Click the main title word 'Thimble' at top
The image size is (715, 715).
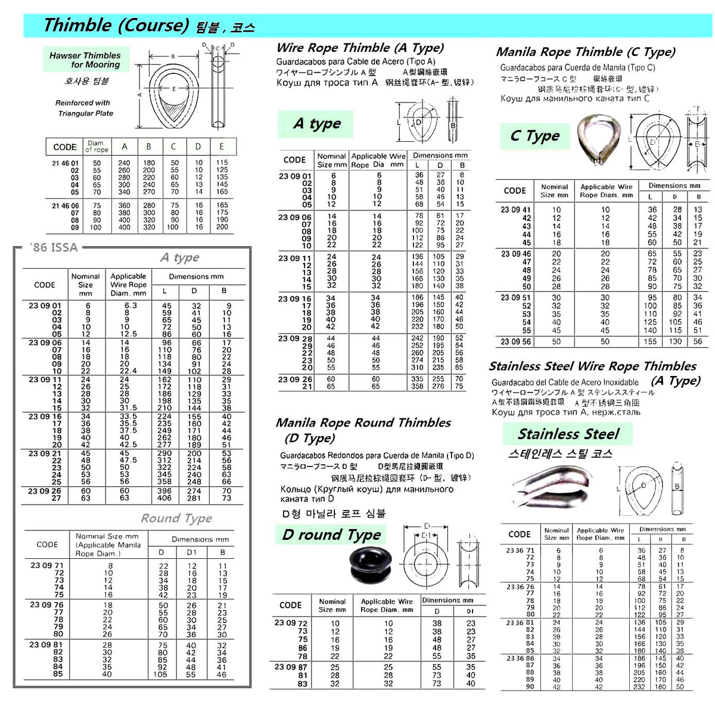77,26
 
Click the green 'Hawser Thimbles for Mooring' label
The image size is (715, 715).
85,60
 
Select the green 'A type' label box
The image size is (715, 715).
316,124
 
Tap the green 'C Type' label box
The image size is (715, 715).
534,136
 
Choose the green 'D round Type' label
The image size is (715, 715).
331,534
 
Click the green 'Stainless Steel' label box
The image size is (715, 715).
567,434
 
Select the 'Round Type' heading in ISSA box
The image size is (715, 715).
176,518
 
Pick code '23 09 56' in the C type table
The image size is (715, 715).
516,341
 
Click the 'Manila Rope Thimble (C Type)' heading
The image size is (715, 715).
586,52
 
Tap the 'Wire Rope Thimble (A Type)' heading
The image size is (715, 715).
360,48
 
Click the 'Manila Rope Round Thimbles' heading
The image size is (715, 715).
363,423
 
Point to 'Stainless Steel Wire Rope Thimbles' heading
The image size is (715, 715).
592,366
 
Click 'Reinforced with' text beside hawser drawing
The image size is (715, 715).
83,102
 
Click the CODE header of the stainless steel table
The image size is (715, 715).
519,534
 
